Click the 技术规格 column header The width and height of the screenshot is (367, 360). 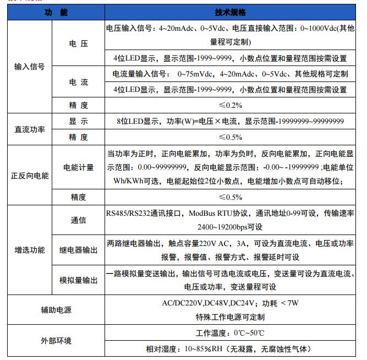click(x=230, y=13)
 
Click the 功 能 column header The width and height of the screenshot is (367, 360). click(x=56, y=13)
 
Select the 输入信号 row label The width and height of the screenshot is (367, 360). click(x=29, y=67)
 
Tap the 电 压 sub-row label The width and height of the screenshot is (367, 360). click(x=78, y=43)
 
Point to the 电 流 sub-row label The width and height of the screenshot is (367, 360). click(x=78, y=82)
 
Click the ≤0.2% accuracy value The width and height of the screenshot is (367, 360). click(x=230, y=105)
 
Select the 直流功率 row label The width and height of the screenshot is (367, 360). click(x=29, y=129)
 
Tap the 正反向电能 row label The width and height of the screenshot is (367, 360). click(x=29, y=176)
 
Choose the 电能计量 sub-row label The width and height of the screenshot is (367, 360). click(x=78, y=167)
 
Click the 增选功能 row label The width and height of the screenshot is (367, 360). click(x=29, y=250)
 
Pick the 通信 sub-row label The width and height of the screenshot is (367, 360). click(x=78, y=220)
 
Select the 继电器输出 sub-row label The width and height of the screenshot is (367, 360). click(x=78, y=250)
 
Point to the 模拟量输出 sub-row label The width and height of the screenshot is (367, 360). click(x=78, y=280)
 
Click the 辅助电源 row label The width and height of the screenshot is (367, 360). click(x=56, y=310)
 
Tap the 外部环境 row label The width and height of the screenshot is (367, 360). click(x=56, y=341)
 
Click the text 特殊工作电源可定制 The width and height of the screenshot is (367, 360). click(x=230, y=317)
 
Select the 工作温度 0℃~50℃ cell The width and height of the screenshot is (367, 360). click(x=230, y=334)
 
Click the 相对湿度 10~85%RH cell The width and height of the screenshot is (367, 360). click(x=230, y=348)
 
